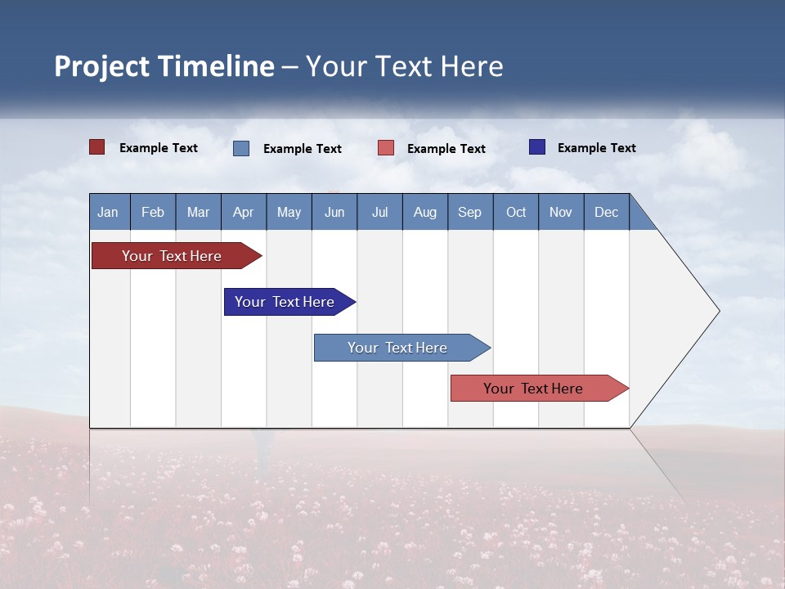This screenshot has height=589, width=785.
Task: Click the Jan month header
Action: (x=108, y=212)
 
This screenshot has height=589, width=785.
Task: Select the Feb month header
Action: (x=153, y=212)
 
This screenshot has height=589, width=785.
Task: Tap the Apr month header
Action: (x=243, y=212)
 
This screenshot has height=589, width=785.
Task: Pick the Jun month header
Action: (x=334, y=212)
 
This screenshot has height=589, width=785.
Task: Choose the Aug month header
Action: (x=424, y=212)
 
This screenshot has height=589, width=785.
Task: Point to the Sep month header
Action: (x=469, y=212)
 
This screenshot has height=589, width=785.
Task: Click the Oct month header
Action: (x=516, y=212)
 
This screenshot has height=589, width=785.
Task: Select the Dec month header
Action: (x=606, y=212)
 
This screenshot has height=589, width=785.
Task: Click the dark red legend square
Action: (x=96, y=147)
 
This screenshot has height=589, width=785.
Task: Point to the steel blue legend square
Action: (x=241, y=148)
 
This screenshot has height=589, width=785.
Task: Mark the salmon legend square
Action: (x=386, y=148)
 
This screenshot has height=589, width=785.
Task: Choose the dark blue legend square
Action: (x=537, y=147)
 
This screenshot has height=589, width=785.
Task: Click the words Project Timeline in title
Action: (x=164, y=66)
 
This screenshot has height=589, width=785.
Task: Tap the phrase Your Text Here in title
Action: (x=405, y=66)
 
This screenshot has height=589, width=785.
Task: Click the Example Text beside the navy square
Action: (x=596, y=148)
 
